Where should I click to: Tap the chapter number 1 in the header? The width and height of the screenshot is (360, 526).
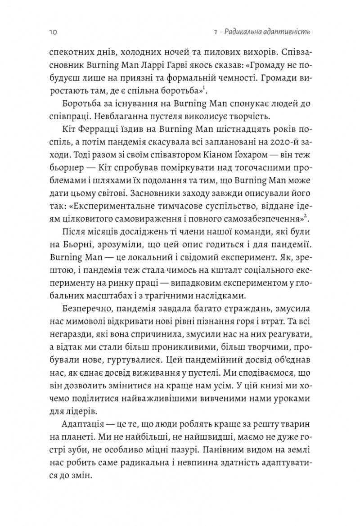[x=216, y=32]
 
